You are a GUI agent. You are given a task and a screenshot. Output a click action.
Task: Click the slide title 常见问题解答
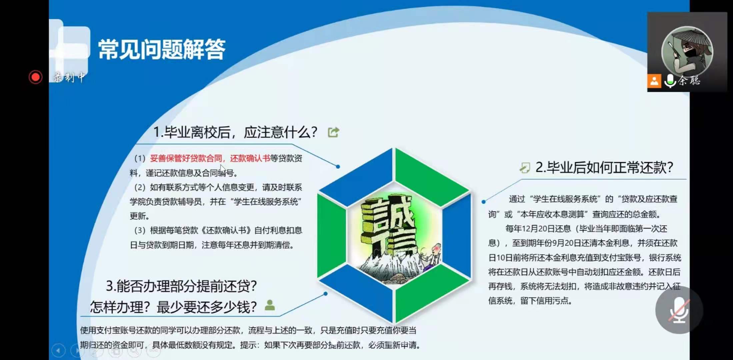(x=162, y=49)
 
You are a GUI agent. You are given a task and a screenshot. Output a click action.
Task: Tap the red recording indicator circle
(x=35, y=77)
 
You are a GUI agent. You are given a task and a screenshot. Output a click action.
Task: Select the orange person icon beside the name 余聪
(x=654, y=81)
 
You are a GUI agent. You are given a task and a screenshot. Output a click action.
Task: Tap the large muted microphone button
(x=679, y=310)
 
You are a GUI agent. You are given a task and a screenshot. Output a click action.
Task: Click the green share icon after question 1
(x=333, y=132)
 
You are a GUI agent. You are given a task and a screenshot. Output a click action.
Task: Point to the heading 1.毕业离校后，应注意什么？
(x=235, y=132)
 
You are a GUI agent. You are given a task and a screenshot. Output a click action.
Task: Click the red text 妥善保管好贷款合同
(x=186, y=158)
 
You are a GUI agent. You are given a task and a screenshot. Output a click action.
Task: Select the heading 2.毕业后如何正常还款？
(x=604, y=167)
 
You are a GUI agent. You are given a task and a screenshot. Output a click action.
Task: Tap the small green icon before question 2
(x=525, y=168)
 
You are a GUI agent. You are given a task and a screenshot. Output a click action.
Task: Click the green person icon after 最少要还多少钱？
(x=270, y=305)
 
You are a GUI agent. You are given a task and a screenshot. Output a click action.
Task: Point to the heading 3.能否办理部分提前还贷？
(x=181, y=286)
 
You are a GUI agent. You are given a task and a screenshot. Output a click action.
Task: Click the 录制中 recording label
(x=69, y=77)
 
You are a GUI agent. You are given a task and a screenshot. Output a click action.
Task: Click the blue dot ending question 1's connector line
(x=338, y=166)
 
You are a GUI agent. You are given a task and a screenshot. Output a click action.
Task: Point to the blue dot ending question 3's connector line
(x=325, y=294)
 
